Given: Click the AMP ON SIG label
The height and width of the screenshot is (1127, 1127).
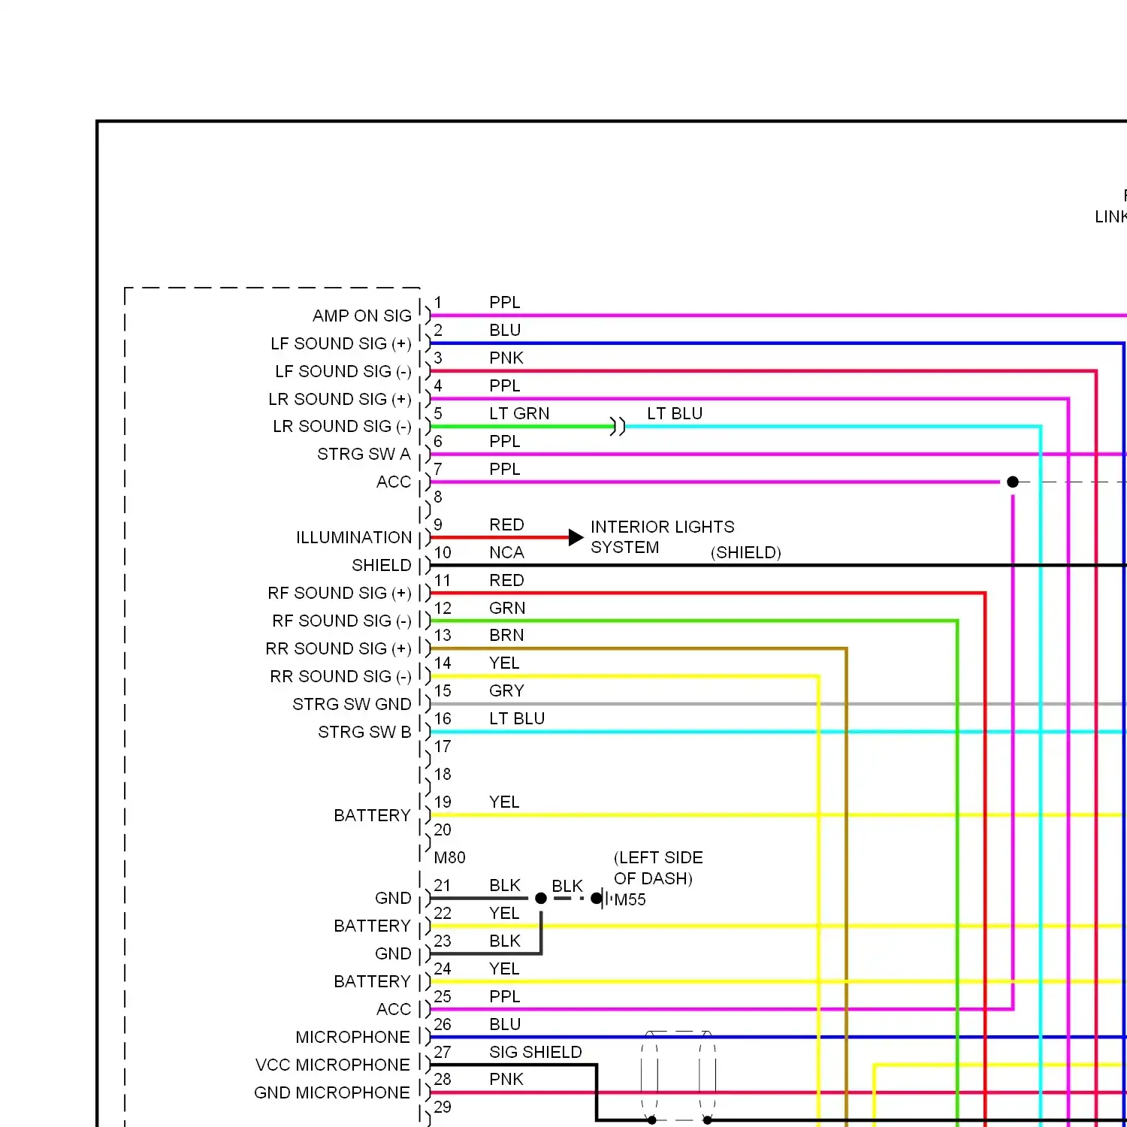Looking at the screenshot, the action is click(x=362, y=316).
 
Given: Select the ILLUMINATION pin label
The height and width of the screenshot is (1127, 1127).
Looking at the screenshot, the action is click(x=354, y=537).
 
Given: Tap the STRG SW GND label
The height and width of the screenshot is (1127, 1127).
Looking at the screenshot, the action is click(x=352, y=704).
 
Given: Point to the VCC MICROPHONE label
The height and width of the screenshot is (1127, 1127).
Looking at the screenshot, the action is click(x=333, y=1065).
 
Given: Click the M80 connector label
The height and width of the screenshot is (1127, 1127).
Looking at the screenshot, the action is click(x=450, y=857).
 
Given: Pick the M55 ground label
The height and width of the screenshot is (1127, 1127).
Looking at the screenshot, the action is click(x=630, y=899).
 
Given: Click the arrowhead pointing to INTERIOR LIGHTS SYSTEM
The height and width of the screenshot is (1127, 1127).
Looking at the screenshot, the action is click(x=576, y=537).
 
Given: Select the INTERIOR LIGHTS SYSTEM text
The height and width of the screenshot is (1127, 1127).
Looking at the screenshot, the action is click(x=663, y=536).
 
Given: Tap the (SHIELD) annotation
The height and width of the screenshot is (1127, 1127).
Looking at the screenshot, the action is click(x=746, y=553).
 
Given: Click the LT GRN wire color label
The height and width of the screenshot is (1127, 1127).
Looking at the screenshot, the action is click(x=519, y=413).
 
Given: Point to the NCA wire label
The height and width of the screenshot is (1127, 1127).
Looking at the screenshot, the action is click(x=506, y=552).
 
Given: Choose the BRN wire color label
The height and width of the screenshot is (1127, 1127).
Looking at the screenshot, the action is click(x=506, y=635).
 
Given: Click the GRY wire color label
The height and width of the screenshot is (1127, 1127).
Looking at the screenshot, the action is click(x=506, y=690).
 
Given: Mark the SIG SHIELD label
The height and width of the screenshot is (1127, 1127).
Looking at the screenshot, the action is click(x=536, y=1052).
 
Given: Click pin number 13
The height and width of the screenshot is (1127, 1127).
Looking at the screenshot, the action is click(x=443, y=635).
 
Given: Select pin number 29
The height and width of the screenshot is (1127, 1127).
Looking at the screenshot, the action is click(x=443, y=1107).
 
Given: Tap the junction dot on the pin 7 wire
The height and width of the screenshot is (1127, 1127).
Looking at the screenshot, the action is click(x=1013, y=482).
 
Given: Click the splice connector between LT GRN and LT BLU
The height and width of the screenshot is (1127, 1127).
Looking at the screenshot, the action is click(x=618, y=427).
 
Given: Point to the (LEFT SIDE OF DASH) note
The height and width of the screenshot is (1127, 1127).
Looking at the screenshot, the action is click(x=658, y=868).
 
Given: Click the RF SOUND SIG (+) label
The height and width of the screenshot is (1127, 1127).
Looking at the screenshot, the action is click(x=340, y=593).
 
